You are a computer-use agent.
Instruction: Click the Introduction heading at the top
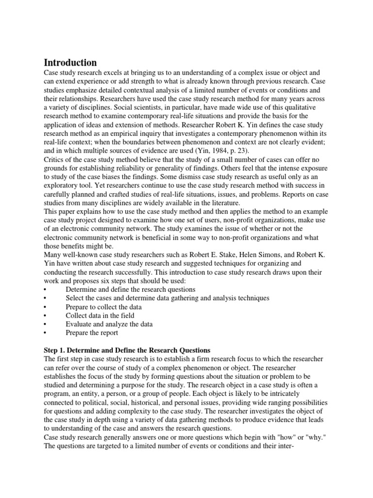pyautogui.click(x=70, y=63)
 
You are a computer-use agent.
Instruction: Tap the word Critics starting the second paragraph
pyautogui.click(x=55, y=159)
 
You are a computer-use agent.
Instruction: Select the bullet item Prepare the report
pyautogui.click(x=92, y=333)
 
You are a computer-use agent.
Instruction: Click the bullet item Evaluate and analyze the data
pyautogui.click(x=109, y=324)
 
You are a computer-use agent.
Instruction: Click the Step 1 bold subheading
pyautogui.click(x=127, y=350)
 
